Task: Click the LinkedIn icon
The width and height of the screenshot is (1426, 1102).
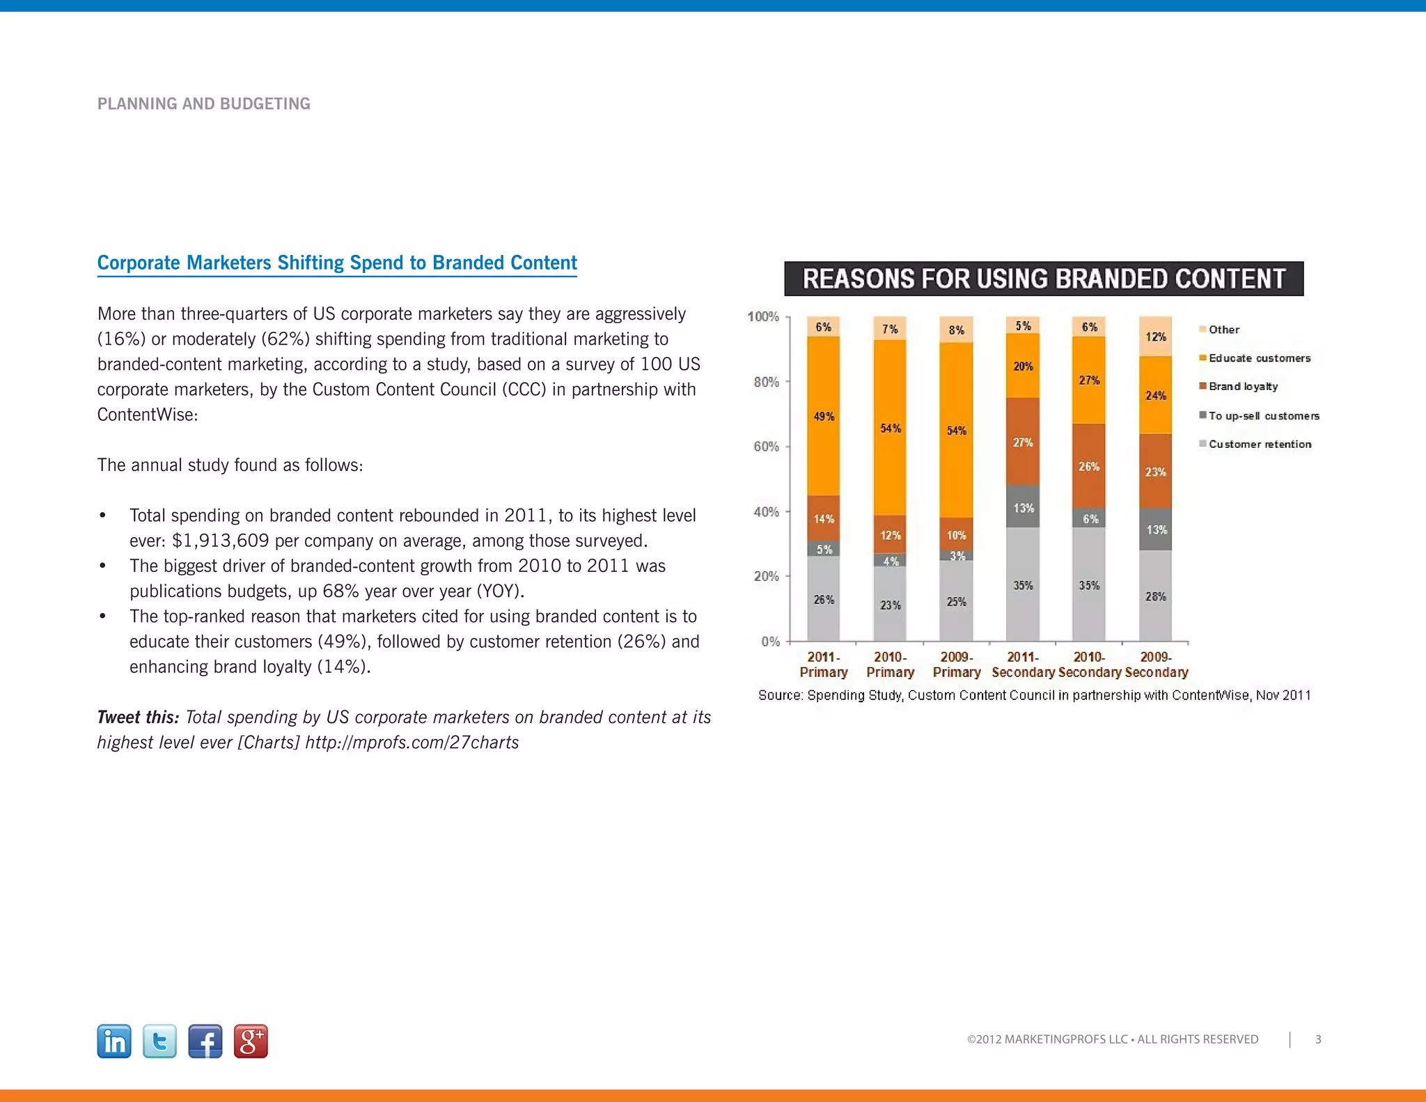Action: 114,1041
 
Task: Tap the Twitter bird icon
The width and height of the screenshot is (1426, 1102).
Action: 159,1041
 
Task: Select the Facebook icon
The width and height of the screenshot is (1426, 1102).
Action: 205,1041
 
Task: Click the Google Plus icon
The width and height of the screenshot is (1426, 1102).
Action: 251,1041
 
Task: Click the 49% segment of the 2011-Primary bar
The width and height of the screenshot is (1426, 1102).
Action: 824,417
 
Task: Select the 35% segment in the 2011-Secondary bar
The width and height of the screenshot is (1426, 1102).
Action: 1023,585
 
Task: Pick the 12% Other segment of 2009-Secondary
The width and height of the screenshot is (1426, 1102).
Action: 1156,336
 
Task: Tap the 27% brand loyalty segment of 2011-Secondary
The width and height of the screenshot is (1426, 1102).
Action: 1023,442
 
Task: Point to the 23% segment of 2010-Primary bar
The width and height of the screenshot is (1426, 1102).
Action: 890,605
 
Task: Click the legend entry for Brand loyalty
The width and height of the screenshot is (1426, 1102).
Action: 1243,387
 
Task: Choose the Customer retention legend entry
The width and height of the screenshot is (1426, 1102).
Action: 1259,444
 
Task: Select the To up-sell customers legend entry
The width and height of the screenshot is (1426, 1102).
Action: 1263,416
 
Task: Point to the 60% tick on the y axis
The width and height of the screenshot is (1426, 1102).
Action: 767,447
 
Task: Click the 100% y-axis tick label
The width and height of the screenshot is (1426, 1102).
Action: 763,317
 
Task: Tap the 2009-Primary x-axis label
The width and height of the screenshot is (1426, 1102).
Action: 957,665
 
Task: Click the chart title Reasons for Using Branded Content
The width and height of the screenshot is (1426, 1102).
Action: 1044,279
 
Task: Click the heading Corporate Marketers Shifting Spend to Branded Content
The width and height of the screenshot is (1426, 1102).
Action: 337,263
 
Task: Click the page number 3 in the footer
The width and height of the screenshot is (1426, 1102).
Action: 1318,1039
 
